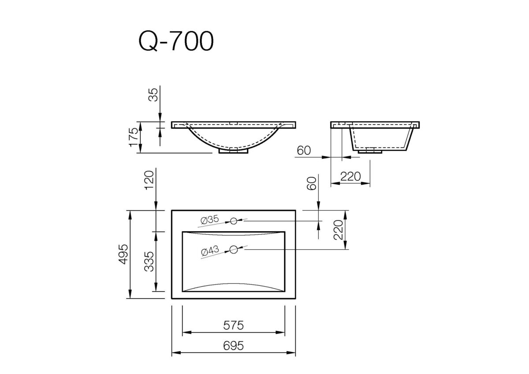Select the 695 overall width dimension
(x=233, y=346)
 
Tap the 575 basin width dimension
(x=233, y=325)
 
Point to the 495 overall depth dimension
(x=124, y=254)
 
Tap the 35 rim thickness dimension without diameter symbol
(x=153, y=95)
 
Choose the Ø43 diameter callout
(x=210, y=251)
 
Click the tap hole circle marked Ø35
(x=234, y=220)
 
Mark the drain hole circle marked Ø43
(x=234, y=250)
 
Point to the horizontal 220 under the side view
(x=350, y=176)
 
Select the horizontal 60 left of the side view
(x=304, y=150)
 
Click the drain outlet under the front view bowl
(x=234, y=150)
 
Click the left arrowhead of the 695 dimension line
(x=173, y=353)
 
